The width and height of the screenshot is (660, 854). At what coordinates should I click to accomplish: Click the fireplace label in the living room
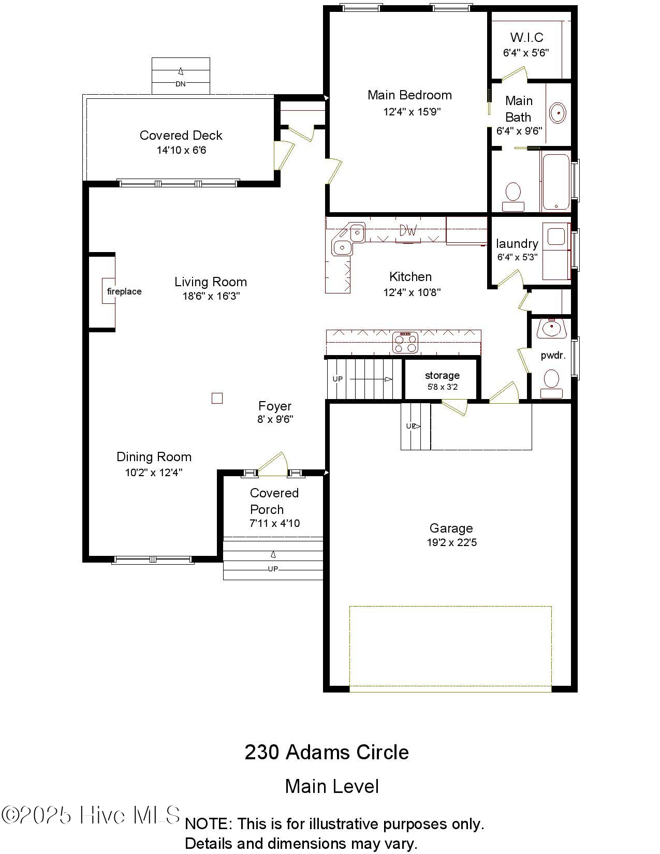point(124,291)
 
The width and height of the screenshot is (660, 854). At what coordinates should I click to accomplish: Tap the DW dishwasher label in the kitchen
point(408,231)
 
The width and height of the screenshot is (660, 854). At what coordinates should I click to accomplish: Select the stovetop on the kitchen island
point(405,342)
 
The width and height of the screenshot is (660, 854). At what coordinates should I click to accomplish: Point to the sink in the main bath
point(558,113)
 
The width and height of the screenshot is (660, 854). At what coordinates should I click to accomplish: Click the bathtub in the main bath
point(556,181)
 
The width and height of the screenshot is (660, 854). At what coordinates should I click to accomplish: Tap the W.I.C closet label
point(526,37)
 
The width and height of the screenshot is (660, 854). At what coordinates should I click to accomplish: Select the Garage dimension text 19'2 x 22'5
point(451,543)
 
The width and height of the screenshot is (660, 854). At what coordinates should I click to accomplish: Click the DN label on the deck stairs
point(180,84)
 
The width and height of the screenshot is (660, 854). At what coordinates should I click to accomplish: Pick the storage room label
point(442,375)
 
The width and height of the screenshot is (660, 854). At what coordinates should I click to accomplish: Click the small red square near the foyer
point(217,398)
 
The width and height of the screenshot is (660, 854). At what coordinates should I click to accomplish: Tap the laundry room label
point(517,244)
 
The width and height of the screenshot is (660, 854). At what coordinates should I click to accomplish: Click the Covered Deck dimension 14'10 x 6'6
point(181,151)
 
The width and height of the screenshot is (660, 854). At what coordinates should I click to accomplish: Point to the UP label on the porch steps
point(273,569)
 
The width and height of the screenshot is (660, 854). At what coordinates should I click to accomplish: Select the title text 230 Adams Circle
point(327,752)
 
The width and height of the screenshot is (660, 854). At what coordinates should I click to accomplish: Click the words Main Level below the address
point(332,786)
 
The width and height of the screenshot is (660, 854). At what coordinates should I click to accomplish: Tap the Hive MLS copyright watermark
point(91,815)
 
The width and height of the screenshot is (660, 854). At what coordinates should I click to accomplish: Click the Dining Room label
point(154,457)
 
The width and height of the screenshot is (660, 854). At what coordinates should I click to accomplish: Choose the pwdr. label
point(553,356)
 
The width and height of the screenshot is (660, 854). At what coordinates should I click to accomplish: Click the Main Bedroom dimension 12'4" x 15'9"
point(412,112)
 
